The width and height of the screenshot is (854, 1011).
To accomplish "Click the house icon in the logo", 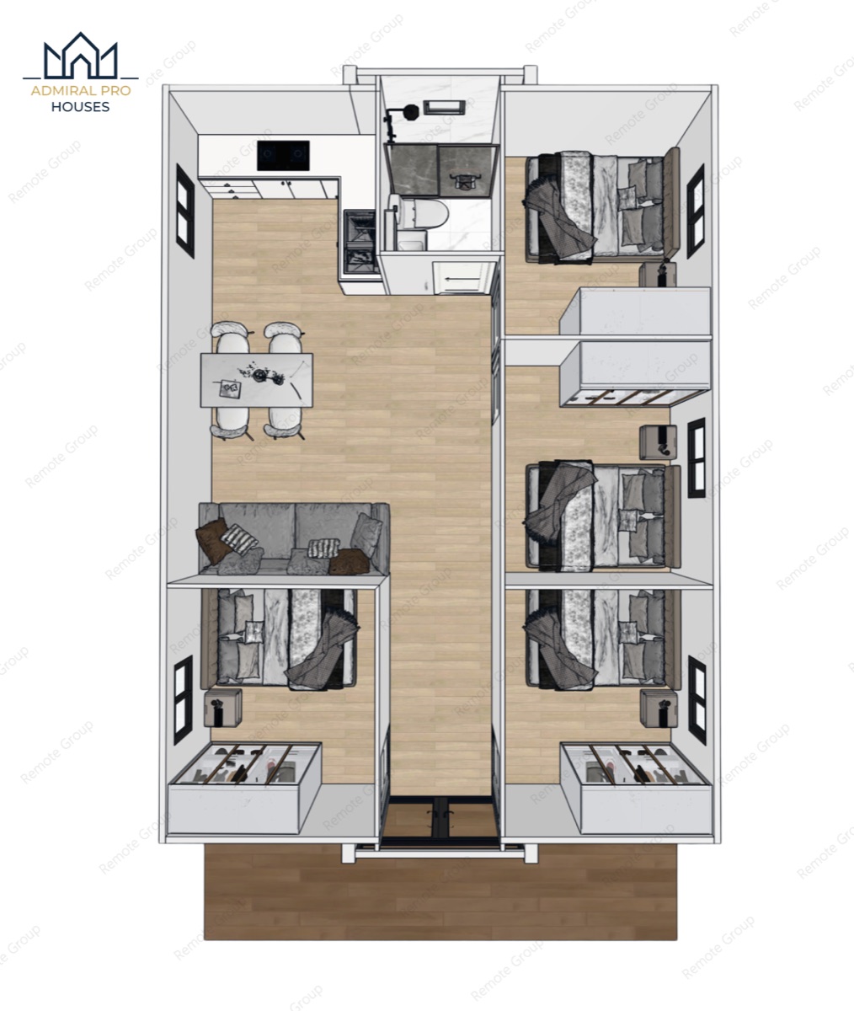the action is coord(80,56).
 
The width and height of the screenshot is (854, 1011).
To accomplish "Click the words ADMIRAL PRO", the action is coord(81,91).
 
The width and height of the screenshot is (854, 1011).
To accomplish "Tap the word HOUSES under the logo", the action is coord(80,107).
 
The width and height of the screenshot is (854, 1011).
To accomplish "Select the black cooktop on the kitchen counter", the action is coord(283,155).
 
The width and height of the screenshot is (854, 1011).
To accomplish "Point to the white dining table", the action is coord(257,380).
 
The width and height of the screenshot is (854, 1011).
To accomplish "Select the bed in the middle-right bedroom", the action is coord(603,515).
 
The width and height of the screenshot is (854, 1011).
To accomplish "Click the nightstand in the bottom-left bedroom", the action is coord(222,708).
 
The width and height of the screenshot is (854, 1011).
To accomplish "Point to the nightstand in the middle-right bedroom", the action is coord(659,442).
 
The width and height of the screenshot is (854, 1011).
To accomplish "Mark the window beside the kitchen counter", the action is coord(185,211).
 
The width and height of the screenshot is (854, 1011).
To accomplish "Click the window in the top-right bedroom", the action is coord(696,211).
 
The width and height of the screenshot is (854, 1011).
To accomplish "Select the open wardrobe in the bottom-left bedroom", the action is coord(244,788).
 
